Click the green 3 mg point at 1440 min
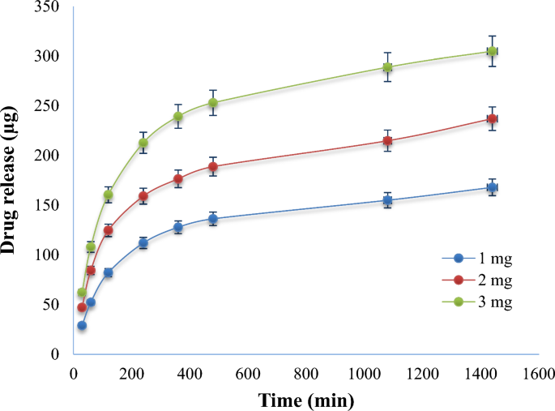pos(492,52)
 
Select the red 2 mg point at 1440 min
pos(492,119)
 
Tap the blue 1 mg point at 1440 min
pos(492,187)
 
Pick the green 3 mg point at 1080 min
pos(388,67)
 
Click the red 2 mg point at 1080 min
pos(388,141)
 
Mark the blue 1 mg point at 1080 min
pos(388,200)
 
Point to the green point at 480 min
pos(213,103)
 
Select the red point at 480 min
pos(213,167)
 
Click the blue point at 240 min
pos(143,243)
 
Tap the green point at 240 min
pos(143,143)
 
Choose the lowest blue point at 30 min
pos(82,325)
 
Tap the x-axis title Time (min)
pos(306,400)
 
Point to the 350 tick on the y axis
pos(49,6)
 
